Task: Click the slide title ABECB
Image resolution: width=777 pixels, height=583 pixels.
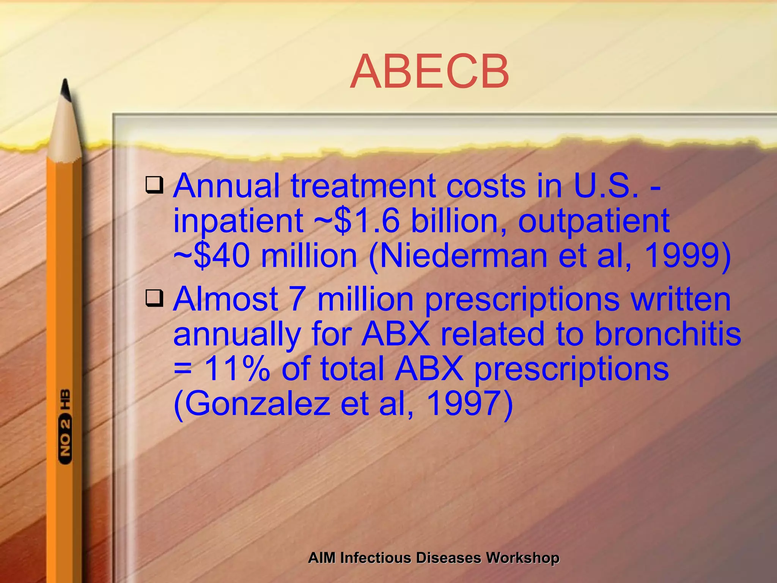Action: click(429, 72)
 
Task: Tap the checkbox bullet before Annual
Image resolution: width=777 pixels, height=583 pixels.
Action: click(154, 185)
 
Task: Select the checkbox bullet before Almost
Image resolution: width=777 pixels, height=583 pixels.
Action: click(154, 298)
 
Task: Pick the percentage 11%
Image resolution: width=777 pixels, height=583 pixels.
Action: click(237, 369)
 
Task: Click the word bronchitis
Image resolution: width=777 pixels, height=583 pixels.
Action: click(667, 334)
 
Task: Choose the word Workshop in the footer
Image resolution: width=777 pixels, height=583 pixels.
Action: click(522, 558)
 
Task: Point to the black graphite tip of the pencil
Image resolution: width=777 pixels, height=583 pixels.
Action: click(66, 90)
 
